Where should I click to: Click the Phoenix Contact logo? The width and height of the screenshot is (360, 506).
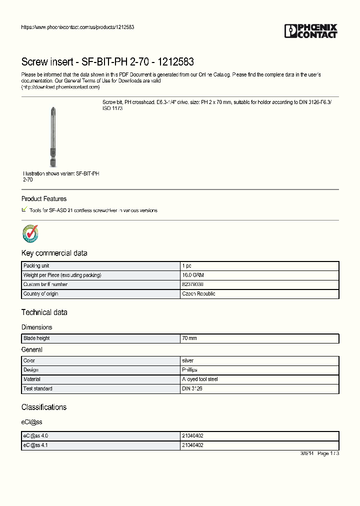point(311,31)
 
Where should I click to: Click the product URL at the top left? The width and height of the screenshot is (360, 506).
point(77,27)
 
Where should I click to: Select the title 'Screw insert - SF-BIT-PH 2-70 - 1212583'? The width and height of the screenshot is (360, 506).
point(107,62)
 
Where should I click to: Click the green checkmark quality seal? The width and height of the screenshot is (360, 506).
point(30,233)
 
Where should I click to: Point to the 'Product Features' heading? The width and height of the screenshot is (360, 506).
point(44,199)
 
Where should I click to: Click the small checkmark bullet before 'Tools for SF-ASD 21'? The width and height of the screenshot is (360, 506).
point(24,209)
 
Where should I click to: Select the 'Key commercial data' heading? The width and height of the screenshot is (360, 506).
point(54,253)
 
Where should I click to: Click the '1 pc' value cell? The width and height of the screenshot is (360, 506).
point(186,266)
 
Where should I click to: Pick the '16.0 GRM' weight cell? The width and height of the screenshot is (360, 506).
point(192,275)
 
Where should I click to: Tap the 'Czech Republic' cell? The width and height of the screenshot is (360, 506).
point(198,294)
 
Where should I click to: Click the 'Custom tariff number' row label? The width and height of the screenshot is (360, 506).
point(45,284)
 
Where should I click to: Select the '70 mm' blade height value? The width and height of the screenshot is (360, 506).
point(189,338)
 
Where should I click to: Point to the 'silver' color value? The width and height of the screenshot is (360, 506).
point(187,360)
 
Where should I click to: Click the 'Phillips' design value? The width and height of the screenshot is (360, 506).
point(189,370)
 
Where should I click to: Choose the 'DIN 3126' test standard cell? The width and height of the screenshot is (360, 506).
point(192,388)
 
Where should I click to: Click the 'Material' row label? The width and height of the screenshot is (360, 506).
point(32,379)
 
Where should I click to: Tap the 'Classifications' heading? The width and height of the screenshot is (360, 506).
point(44,407)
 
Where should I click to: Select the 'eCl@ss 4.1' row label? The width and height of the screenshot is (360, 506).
point(36,445)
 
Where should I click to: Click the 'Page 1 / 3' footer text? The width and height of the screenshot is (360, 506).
point(328,453)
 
